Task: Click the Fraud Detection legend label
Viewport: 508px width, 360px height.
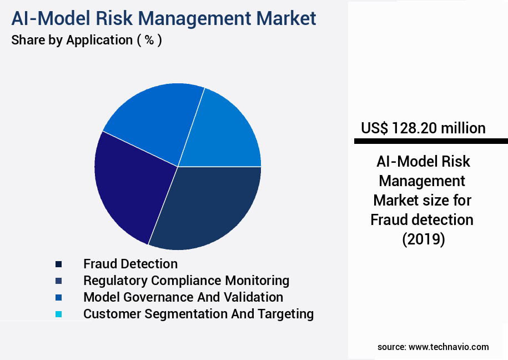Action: click(x=130, y=264)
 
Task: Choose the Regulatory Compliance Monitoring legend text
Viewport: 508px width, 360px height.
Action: click(x=186, y=281)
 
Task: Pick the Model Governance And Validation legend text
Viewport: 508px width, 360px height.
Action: click(x=183, y=297)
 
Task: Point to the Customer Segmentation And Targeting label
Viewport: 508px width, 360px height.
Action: click(x=198, y=314)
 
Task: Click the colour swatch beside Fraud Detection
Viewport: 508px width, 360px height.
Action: click(x=58, y=264)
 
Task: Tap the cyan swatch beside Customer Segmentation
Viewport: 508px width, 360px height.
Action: click(x=58, y=314)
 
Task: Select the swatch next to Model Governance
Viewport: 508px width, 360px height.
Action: click(x=58, y=298)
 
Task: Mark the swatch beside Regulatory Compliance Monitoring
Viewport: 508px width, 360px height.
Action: click(x=58, y=281)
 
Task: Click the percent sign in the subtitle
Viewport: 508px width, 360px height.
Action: click(x=149, y=41)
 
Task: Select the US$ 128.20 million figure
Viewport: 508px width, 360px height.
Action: click(x=423, y=128)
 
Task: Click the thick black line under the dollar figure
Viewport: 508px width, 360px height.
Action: click(x=431, y=142)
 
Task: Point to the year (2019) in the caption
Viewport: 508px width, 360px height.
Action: click(x=423, y=240)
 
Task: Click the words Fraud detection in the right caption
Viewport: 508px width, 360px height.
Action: click(x=422, y=220)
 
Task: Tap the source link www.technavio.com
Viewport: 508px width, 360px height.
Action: click(x=449, y=347)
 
